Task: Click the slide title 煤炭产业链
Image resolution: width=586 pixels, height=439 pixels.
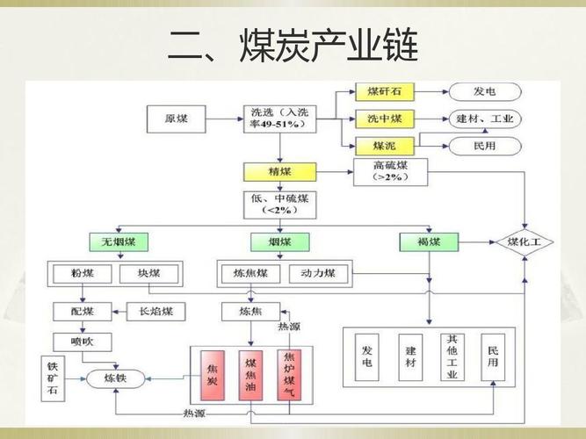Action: point(293,46)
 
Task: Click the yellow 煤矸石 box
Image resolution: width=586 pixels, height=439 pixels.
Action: point(385,91)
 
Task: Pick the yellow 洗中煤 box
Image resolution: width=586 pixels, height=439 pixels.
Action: point(385,118)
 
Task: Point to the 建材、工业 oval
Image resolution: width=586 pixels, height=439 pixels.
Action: point(485,118)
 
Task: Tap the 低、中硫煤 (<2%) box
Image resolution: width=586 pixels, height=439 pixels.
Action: point(280,205)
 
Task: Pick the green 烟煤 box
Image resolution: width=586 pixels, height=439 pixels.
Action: point(280,241)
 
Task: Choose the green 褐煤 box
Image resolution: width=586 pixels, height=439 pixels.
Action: point(429,241)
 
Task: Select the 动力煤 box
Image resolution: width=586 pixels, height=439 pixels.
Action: point(317,274)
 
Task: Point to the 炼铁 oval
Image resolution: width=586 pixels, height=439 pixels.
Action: point(115,378)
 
